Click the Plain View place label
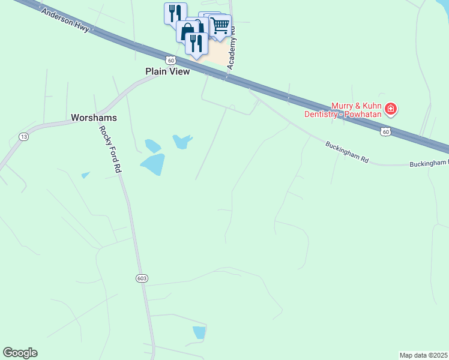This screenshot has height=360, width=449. tap(167, 71)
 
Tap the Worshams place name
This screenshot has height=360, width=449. tap(94, 118)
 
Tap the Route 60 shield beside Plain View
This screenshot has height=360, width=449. tap(171, 60)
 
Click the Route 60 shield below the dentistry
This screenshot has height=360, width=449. tap(385, 131)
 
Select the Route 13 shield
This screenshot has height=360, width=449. tap(23, 137)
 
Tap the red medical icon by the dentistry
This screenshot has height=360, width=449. tap(391, 109)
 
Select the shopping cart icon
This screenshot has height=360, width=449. tap(220, 26)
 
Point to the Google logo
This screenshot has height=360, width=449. tap(20, 352)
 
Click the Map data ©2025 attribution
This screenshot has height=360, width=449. tap(424, 355)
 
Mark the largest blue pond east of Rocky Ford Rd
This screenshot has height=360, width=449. tap(153, 164)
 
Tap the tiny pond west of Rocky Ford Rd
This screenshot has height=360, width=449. tap(85, 175)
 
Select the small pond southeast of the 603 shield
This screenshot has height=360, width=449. tap(199, 332)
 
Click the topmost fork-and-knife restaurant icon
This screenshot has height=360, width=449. tap(175, 13)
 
